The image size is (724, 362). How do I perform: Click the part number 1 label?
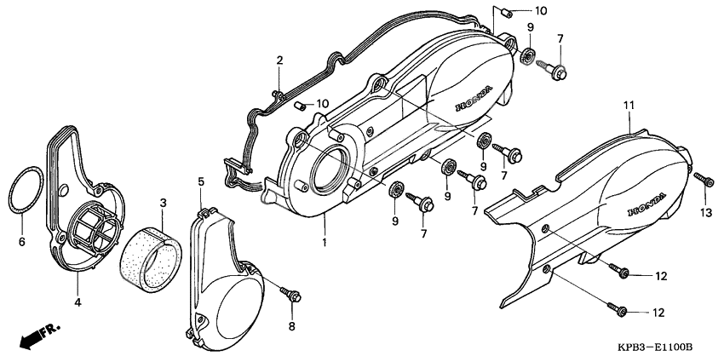(324, 242)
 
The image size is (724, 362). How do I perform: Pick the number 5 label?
(201, 181)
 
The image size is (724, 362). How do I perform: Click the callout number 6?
(22, 242)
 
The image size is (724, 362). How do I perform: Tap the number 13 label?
(705, 211)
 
